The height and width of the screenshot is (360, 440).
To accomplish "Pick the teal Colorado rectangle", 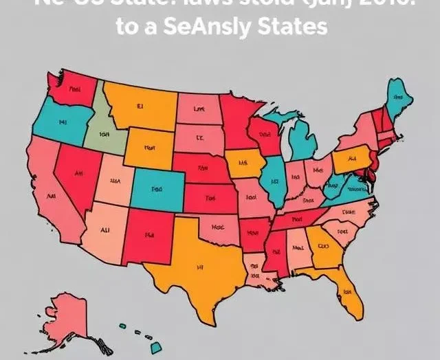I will point(156,188).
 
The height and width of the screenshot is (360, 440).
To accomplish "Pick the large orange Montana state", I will point(140,106).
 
